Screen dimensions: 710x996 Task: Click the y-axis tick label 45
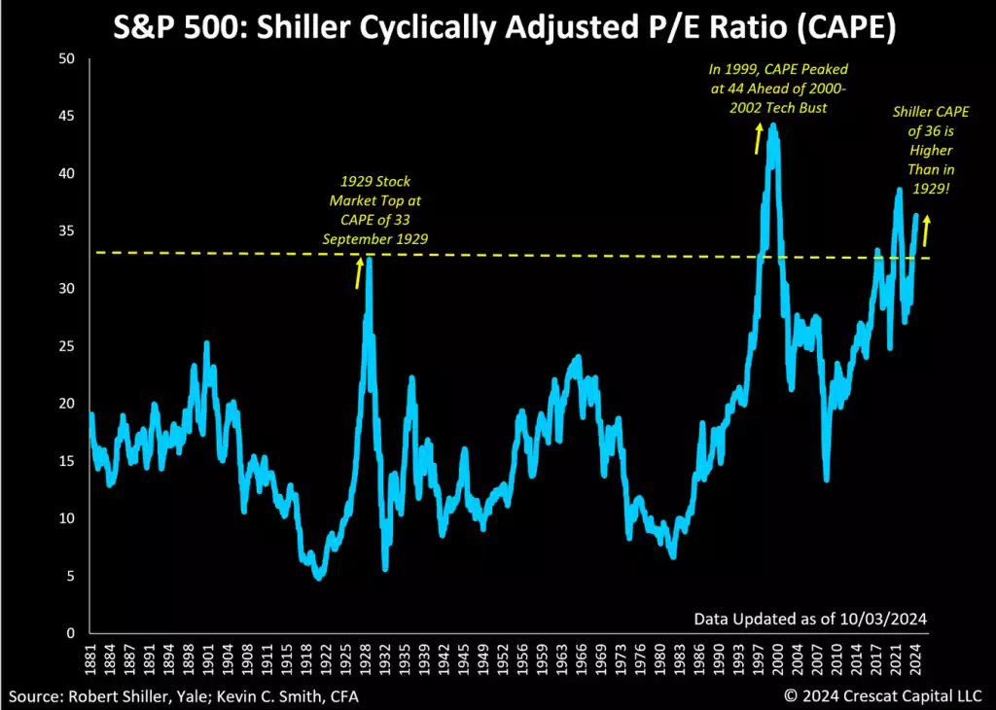(67, 117)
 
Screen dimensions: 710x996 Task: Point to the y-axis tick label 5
(71, 576)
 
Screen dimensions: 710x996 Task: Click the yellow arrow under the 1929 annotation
(359, 274)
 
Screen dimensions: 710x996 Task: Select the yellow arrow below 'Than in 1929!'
(925, 231)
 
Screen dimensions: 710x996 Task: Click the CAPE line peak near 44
(773, 125)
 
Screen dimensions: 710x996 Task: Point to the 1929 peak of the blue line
(369, 260)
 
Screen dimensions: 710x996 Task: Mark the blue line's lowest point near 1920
(317, 577)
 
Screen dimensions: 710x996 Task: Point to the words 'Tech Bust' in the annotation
(796, 107)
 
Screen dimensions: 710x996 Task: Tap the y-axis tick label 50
(67, 59)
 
